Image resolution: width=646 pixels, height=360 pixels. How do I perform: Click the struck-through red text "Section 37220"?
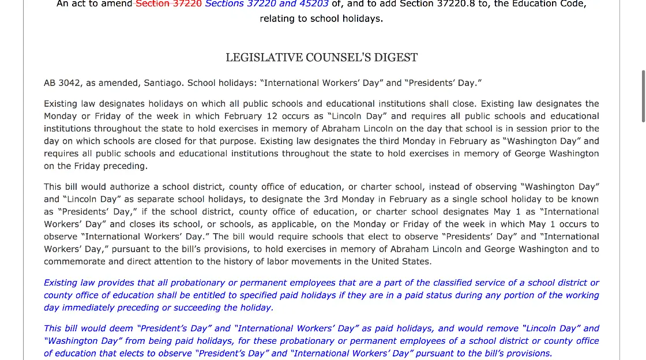coord(168,4)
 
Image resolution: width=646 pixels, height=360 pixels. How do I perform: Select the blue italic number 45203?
coord(314,4)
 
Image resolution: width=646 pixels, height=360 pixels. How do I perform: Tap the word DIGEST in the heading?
coord(397,58)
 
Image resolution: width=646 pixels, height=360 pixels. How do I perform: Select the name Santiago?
coord(163,83)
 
